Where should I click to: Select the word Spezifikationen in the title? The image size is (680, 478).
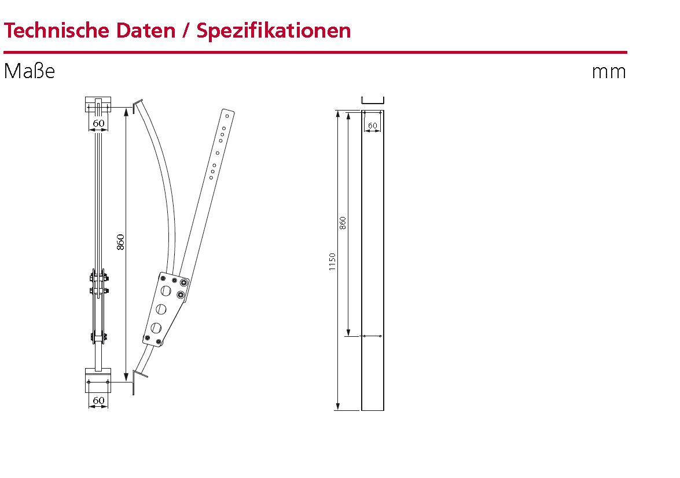tap(273, 30)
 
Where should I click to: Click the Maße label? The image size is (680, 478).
tap(29, 71)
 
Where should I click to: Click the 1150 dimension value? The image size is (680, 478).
tap(332, 262)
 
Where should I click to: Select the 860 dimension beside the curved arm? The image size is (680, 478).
tap(121, 241)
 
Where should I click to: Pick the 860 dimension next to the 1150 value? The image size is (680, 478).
tap(343, 223)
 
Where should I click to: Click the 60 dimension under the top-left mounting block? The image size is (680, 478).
tap(98, 123)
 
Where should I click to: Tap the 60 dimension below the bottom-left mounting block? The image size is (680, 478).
tap(98, 400)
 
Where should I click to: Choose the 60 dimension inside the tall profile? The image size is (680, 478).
tap(373, 125)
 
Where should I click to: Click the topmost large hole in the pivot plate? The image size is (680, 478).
tap(167, 290)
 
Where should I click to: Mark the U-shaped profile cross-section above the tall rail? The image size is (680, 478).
tap(373, 100)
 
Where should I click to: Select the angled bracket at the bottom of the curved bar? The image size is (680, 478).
tap(138, 377)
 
